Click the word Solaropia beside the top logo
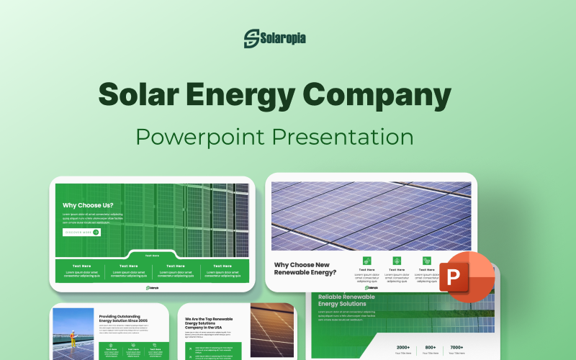284,37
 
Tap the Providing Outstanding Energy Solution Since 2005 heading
125,319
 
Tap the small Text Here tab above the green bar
152,255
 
